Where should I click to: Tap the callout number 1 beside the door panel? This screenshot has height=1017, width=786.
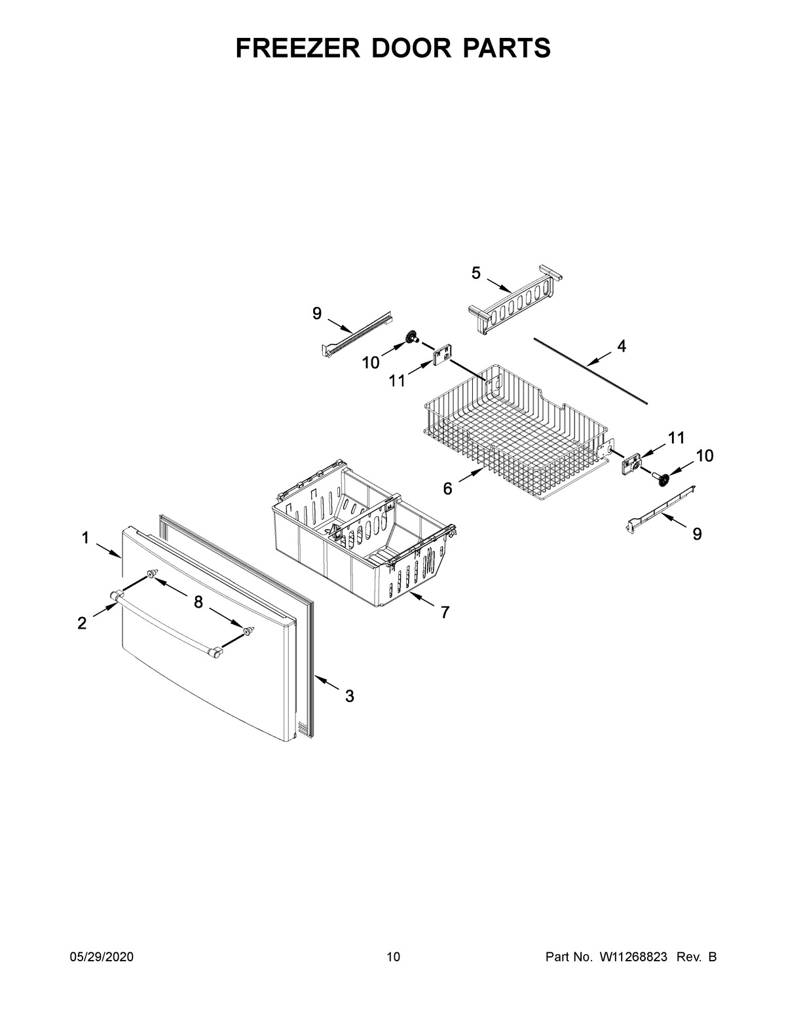tap(86, 538)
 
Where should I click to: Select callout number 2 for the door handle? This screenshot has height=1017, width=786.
tap(82, 623)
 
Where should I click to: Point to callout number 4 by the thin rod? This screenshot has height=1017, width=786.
tap(621, 346)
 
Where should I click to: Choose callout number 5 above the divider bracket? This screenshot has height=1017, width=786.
tap(476, 274)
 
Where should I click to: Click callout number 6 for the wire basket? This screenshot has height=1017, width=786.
tap(448, 488)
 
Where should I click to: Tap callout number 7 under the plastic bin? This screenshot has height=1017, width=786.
tap(445, 612)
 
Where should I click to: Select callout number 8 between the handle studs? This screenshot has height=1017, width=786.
tap(198, 602)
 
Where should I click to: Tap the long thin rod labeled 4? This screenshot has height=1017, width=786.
tap(589, 370)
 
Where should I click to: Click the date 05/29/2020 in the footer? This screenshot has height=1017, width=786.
tap(102, 957)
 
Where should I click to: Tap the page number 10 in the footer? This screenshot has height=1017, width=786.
tap(393, 957)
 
